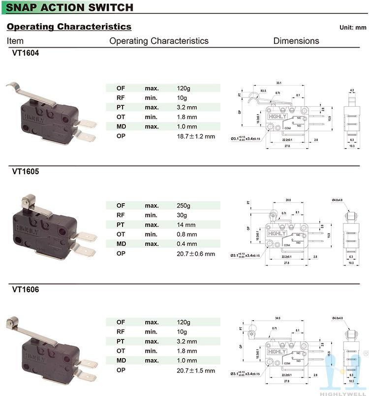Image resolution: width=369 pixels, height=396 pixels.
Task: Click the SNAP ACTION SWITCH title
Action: point(70,7)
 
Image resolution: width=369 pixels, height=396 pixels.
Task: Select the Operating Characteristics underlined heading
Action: point(69,27)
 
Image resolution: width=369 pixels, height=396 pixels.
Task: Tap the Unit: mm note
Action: point(353,28)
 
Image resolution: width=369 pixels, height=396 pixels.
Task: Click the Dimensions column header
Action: point(296,41)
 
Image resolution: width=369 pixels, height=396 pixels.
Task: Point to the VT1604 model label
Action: point(26,54)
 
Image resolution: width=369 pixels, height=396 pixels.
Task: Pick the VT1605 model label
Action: point(26,172)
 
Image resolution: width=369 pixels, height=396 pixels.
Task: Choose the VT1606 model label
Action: point(26,290)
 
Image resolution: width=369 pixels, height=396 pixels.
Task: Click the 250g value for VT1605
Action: point(184,206)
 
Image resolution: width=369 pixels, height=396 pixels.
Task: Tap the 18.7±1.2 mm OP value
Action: point(196,136)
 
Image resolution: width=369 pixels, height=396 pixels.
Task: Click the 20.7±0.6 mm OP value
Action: point(196,254)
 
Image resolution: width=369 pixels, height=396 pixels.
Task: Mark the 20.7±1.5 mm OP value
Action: point(196,370)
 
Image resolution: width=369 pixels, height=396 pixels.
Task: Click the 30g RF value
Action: point(182,215)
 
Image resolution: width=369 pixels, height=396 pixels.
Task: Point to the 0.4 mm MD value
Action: point(187,244)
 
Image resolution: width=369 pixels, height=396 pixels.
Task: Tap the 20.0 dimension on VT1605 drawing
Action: point(288,200)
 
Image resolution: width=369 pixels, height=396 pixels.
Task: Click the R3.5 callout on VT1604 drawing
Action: point(263,91)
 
